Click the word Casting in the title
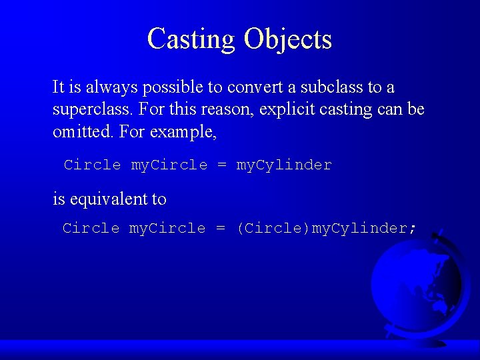coord(191,39)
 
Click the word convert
coord(255,87)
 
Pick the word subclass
coord(331,87)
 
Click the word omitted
coord(83,131)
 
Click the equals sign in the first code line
coord(222,165)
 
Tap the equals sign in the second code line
coord(220,229)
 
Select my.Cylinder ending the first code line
coord(284,165)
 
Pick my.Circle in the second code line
coord(167,229)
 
